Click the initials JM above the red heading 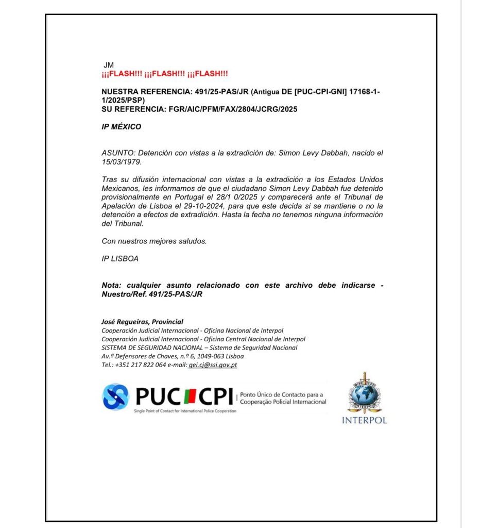tap(109, 65)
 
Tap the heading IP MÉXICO tap(121, 127)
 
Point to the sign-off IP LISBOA tap(120, 259)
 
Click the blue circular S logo tap(115, 397)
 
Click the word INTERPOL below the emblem tap(364, 420)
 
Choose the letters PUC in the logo tap(158, 397)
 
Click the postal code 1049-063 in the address tap(208, 356)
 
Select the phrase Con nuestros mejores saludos tap(154, 241)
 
